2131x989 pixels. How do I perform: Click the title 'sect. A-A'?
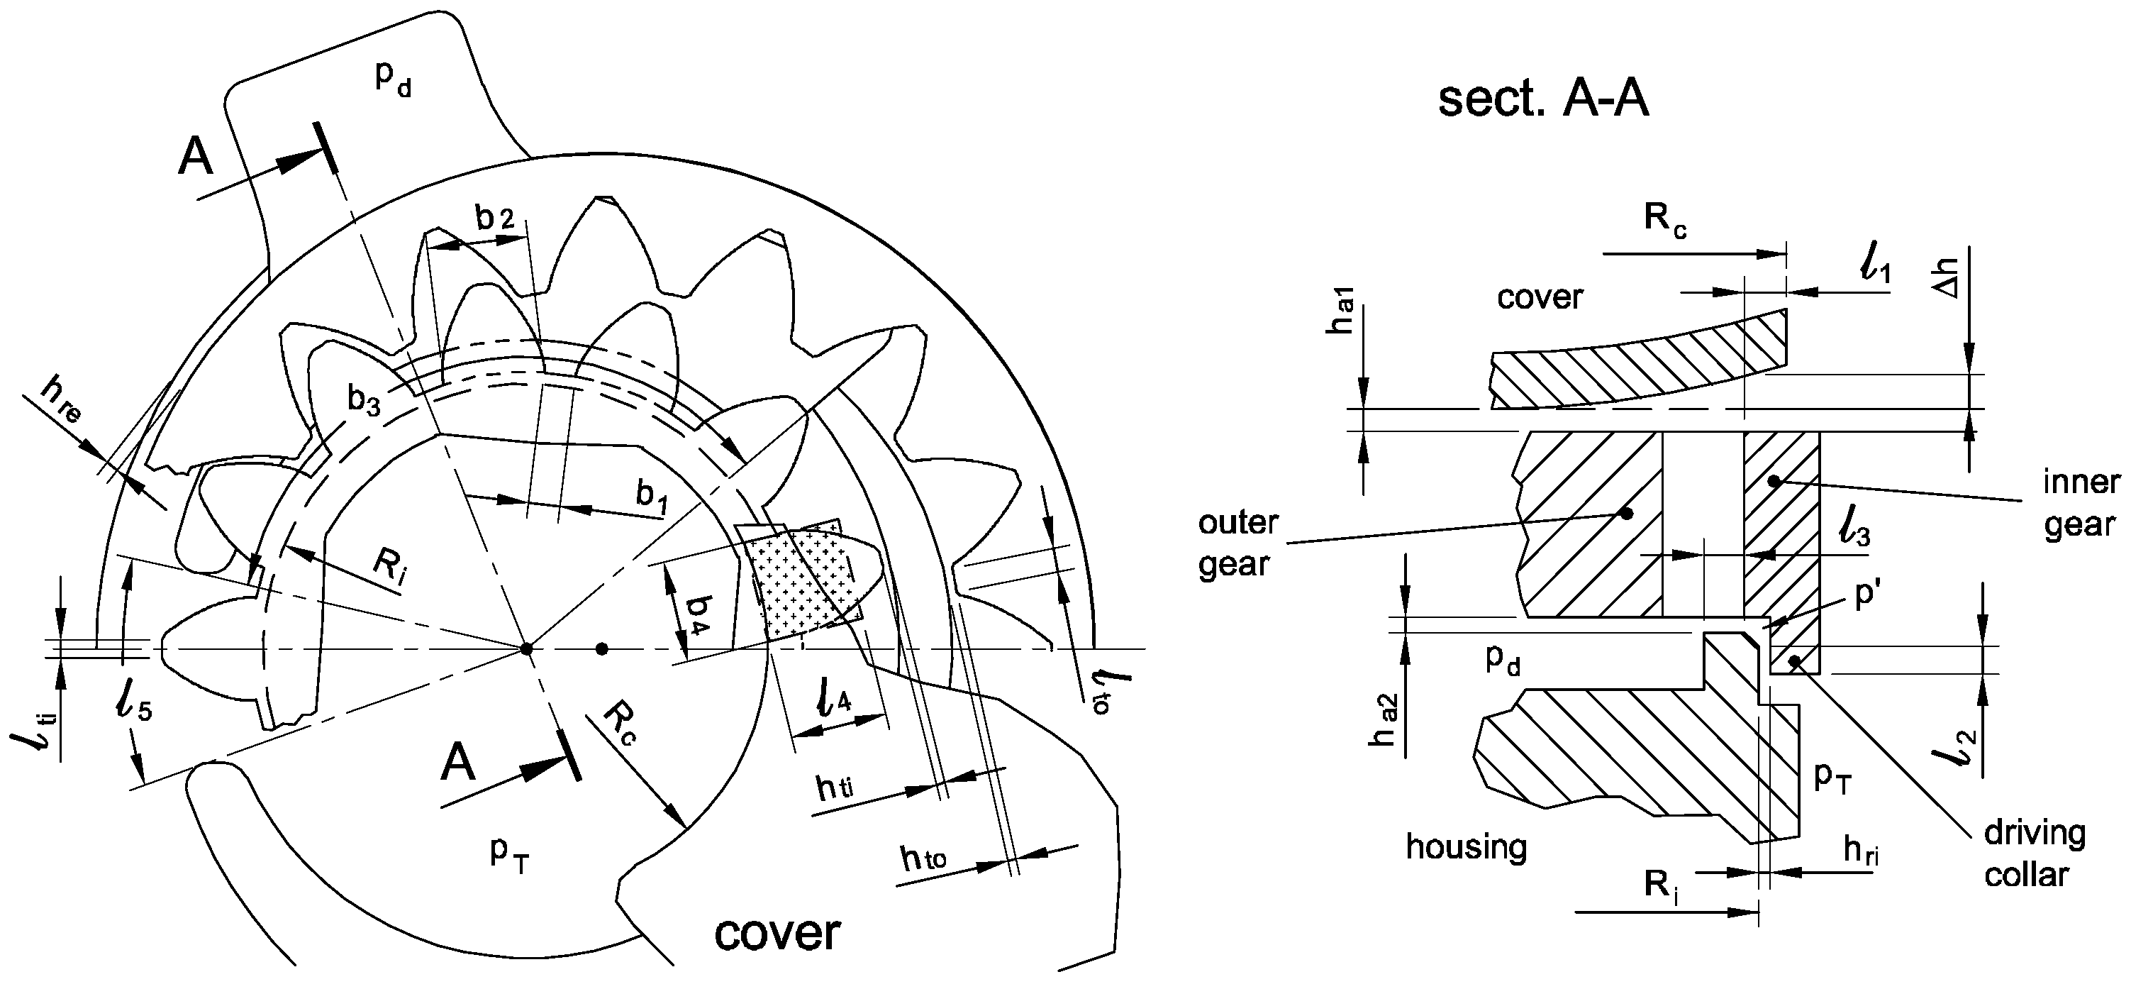[x=1544, y=100]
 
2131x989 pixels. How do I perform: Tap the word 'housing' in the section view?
[x=1466, y=846]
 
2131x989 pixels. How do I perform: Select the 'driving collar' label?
[x=2032, y=853]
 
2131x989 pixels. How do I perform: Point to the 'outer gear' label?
[x=1238, y=543]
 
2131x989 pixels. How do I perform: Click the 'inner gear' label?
[x=2081, y=503]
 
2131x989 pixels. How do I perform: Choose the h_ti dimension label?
[x=835, y=788]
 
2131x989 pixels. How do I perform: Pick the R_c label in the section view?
[x=1665, y=219]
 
